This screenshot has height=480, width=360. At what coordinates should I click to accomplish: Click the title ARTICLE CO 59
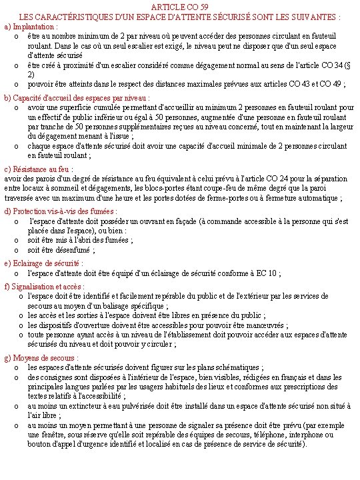(x=179, y=6)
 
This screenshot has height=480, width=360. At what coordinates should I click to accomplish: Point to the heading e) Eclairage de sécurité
(x=43, y=263)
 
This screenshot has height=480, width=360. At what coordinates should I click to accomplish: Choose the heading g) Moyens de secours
(x=41, y=358)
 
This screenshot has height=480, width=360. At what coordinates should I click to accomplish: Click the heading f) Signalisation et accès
(x=43, y=287)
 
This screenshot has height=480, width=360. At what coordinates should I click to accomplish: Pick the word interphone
(x=267, y=433)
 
